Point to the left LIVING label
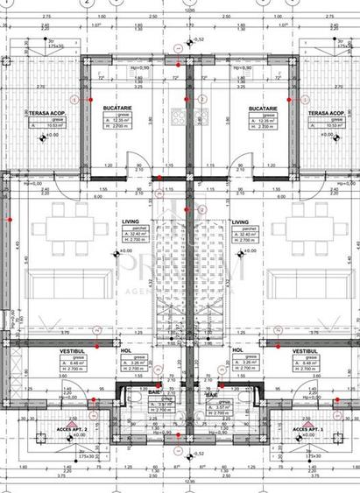pyautogui.click(x=130, y=222)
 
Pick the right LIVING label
pyautogui.click(x=241, y=222)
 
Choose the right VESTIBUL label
pyautogui.click(x=306, y=351)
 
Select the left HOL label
pyautogui.click(x=125, y=349)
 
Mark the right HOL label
pyautogui.click(x=237, y=349)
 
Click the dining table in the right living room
pyautogui.click(x=297, y=229)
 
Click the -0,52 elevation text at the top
pyautogui.click(x=198, y=39)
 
